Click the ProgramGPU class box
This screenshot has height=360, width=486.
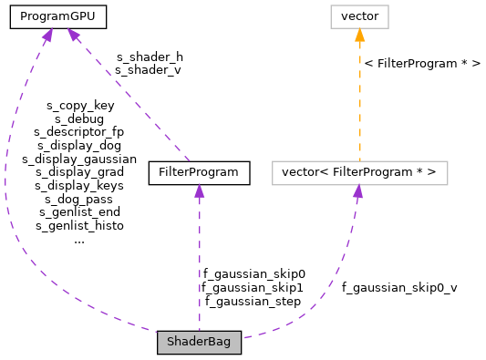coord(58,16)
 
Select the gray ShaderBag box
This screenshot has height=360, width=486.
coord(199,343)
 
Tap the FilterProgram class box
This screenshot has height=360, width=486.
coord(199,171)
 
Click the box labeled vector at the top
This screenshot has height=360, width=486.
coord(359,16)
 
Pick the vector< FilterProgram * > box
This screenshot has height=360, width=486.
coord(359,171)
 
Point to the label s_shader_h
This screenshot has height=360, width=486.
coord(149,57)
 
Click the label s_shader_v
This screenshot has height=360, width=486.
coord(149,69)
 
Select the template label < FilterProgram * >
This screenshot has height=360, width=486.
coord(422,64)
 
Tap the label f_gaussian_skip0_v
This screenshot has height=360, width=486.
coord(399,287)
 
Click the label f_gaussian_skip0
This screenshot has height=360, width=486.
coord(253,273)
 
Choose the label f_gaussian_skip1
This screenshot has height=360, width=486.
coord(253,287)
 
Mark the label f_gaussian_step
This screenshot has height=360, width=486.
coord(253,301)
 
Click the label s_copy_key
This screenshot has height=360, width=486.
coord(79,105)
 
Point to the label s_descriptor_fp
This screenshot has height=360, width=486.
coord(79,131)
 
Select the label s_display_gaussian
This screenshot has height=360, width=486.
coord(79,159)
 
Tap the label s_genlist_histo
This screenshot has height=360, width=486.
coord(79,225)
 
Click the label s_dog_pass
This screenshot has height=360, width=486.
coord(79,199)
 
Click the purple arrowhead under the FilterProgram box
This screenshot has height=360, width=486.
coord(199,191)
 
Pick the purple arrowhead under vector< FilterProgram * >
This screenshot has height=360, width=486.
coord(358,191)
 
